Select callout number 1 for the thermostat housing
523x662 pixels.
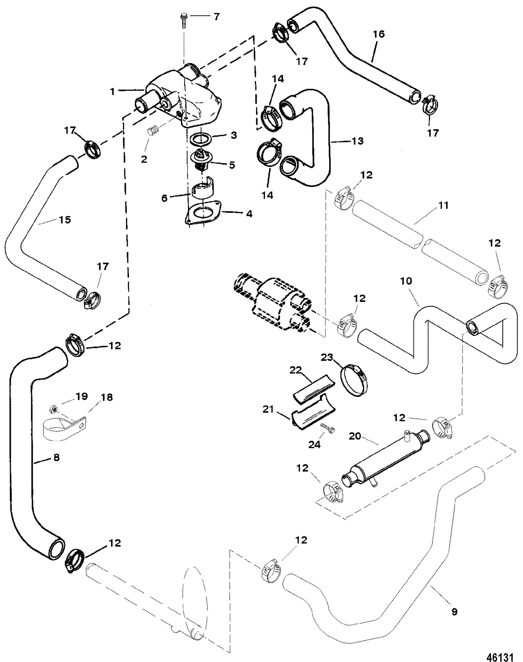pyautogui.click(x=113, y=91)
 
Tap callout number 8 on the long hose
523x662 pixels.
pyautogui.click(x=56, y=457)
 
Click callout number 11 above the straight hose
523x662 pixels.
pyautogui.click(x=443, y=205)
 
